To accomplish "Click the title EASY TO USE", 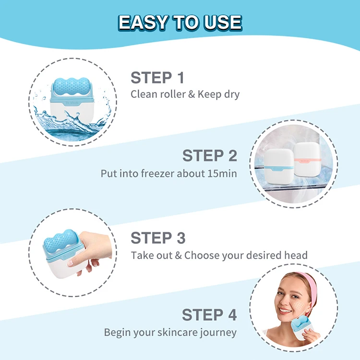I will (x=180, y=22).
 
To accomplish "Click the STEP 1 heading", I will (x=157, y=77).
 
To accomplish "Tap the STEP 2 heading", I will (x=210, y=156).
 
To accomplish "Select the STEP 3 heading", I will (x=158, y=238).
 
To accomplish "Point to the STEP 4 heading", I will (x=209, y=315).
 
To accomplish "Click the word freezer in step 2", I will (x=157, y=173).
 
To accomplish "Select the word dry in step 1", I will (x=230, y=94).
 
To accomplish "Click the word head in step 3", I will (x=296, y=255).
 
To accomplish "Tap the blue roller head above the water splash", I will (x=72, y=84).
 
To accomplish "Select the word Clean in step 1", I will (x=143, y=94).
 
